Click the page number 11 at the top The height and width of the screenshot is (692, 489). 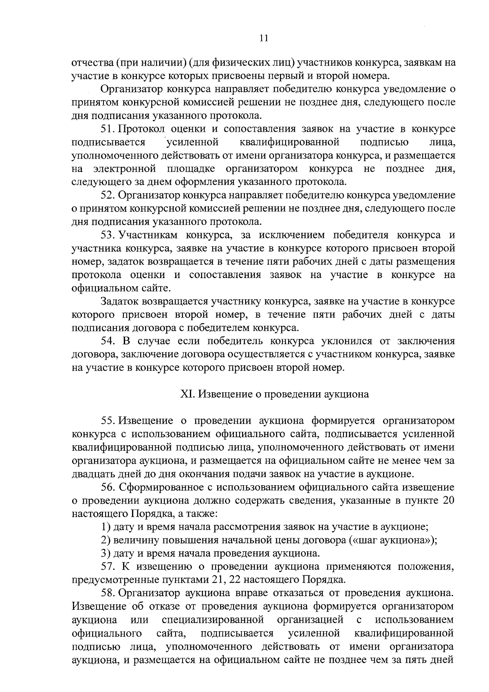(x=263, y=38)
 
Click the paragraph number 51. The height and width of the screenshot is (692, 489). (x=108, y=129)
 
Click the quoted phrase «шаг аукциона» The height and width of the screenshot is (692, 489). (x=391, y=540)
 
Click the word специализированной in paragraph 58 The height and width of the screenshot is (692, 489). (x=211, y=620)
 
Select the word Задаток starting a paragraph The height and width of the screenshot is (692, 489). (x=119, y=302)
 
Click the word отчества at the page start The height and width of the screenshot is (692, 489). (x=92, y=63)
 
